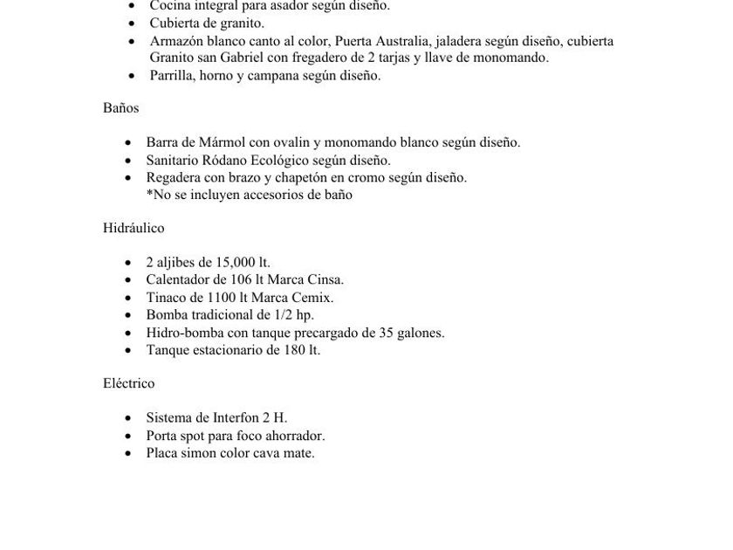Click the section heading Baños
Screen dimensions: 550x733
(x=120, y=108)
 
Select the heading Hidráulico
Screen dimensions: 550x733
(x=134, y=228)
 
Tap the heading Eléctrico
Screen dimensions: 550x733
(x=128, y=383)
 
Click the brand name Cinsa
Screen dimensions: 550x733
(x=325, y=280)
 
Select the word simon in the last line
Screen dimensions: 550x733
(x=196, y=453)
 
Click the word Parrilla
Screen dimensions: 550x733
(x=171, y=76)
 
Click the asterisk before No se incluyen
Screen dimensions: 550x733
(x=149, y=195)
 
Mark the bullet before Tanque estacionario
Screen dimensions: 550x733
(x=128, y=351)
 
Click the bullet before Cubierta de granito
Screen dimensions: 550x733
(x=132, y=24)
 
